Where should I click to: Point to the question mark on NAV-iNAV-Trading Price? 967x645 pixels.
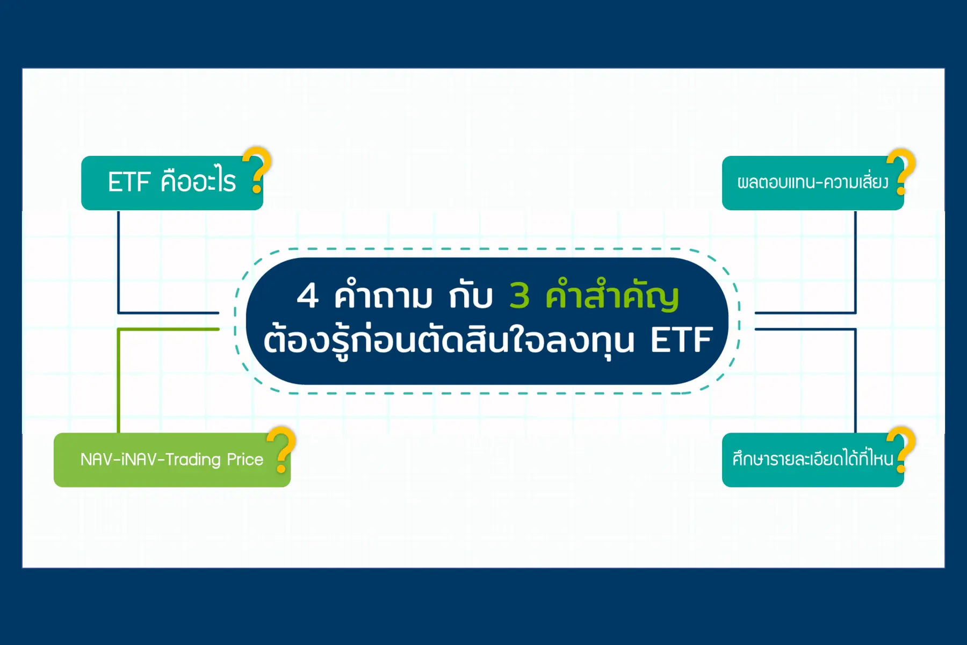(x=283, y=449)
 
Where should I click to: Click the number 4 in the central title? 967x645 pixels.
(x=308, y=296)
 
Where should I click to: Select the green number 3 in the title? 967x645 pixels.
(x=519, y=296)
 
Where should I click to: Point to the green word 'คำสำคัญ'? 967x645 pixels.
(x=612, y=296)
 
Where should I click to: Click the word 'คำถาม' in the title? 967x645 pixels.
(x=383, y=296)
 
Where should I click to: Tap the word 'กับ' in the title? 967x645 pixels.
(x=471, y=297)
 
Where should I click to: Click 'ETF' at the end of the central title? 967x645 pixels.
(x=681, y=340)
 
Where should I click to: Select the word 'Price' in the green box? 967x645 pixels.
(x=245, y=460)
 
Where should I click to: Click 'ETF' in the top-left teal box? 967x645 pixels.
(x=129, y=182)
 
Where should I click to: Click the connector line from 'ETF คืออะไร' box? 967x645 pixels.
(x=118, y=263)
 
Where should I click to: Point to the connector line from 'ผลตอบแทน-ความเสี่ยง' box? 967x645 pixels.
(x=855, y=263)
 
